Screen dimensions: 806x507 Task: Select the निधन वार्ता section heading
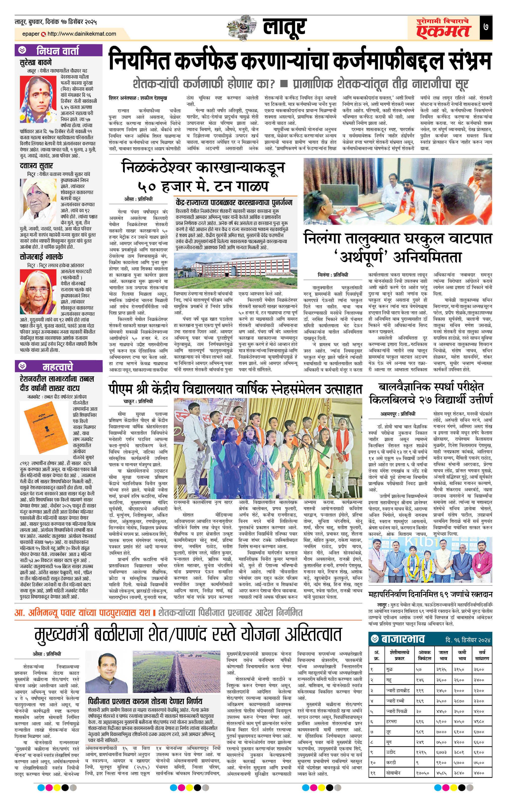point(58,51)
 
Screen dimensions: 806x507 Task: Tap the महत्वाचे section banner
point(58,366)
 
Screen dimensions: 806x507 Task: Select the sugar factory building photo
point(235,271)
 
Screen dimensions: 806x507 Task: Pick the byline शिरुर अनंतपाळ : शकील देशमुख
point(137,98)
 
